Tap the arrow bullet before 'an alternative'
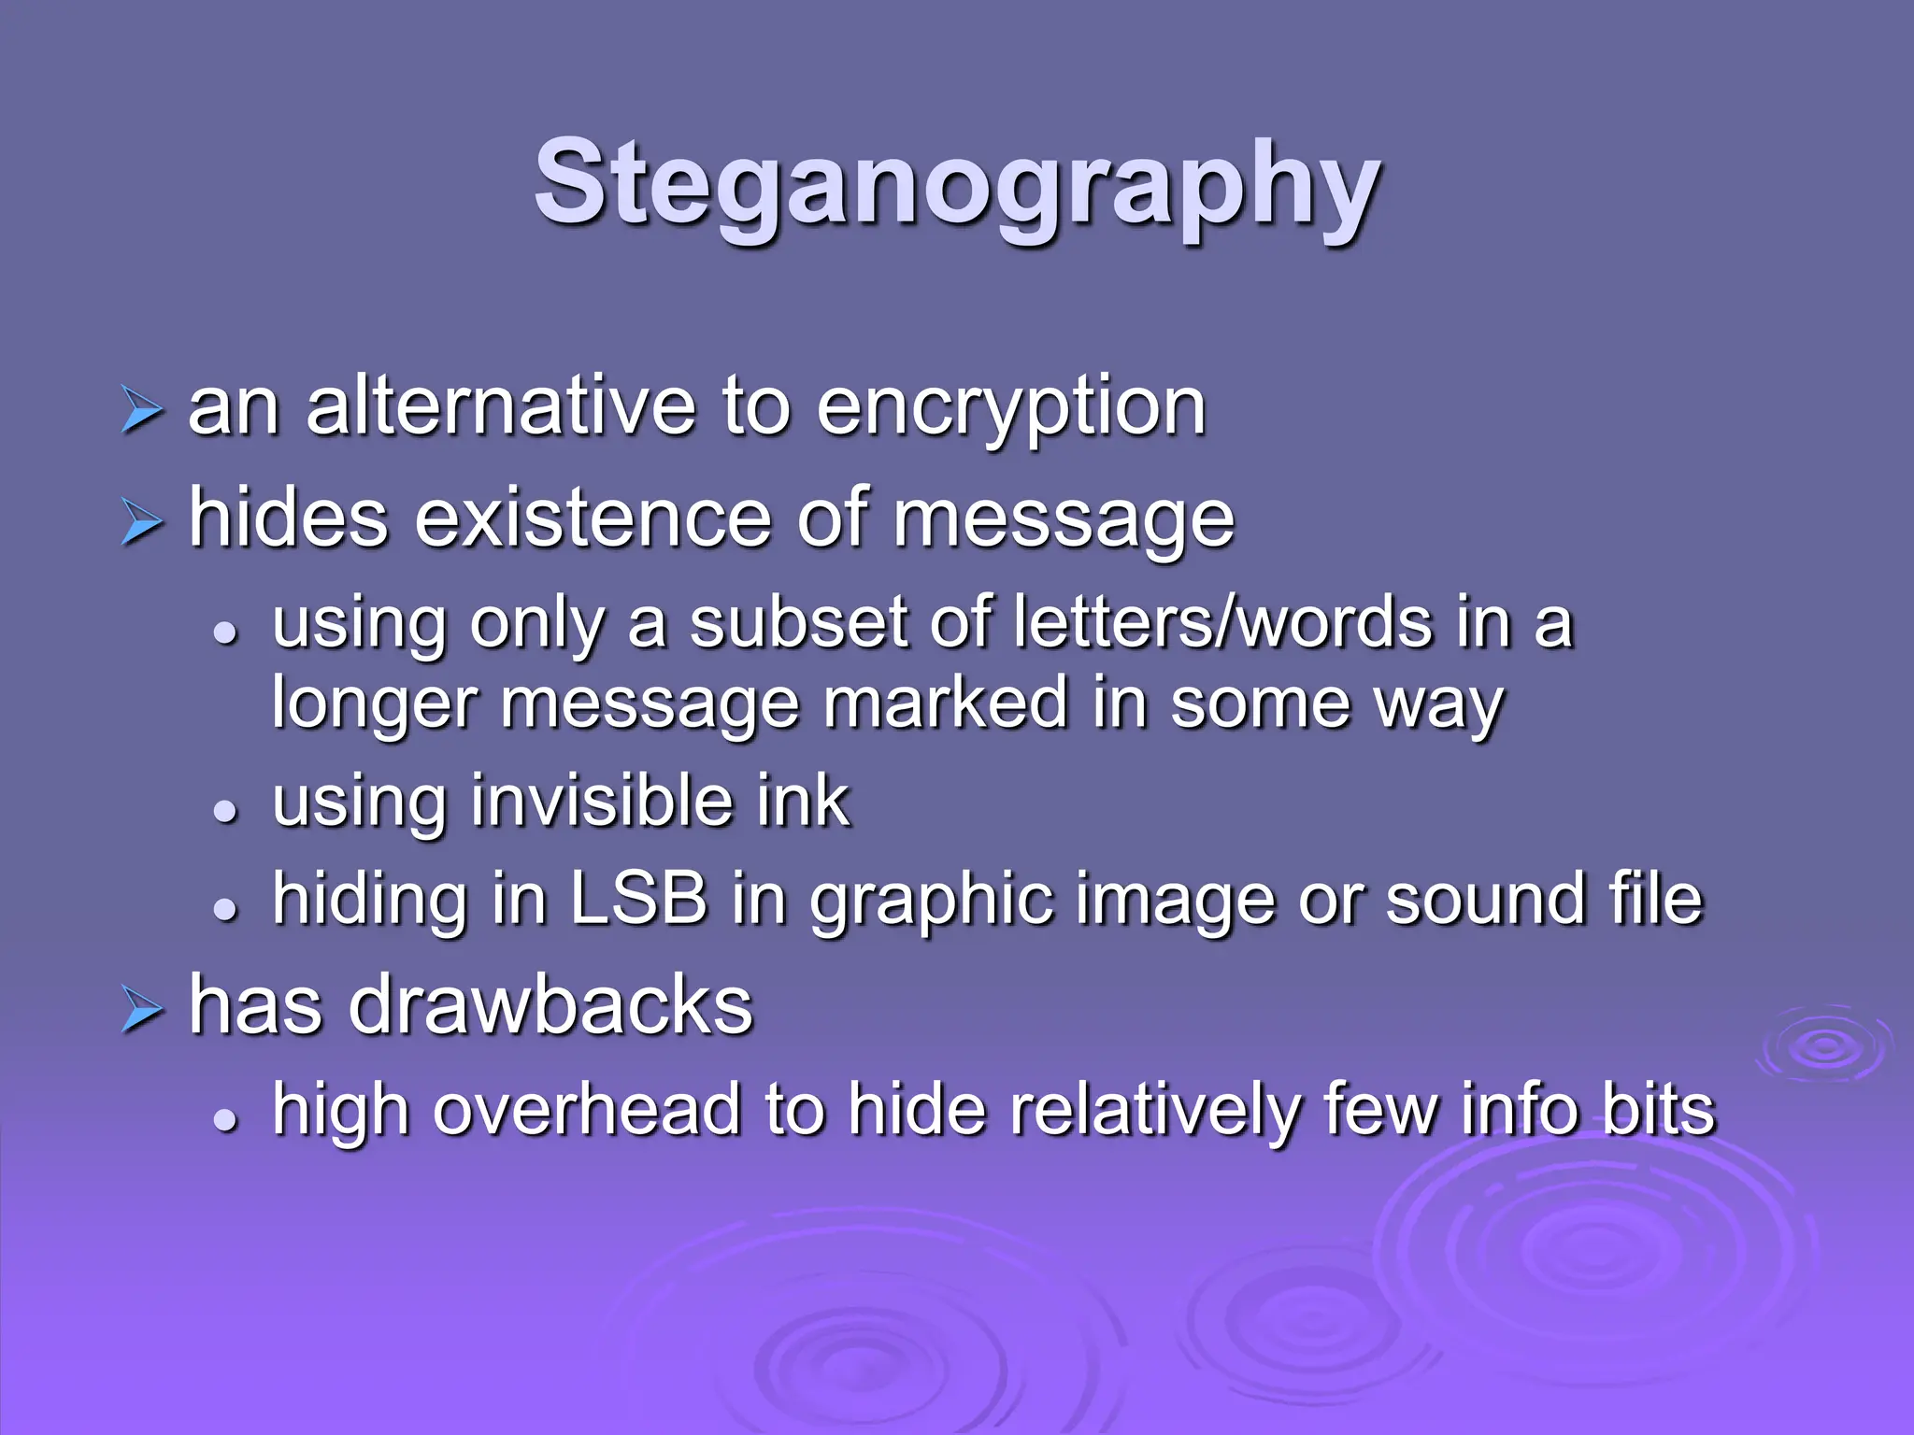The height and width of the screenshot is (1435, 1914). [x=141, y=412]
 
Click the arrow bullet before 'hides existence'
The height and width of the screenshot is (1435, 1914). [x=141, y=523]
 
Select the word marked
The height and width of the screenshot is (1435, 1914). [x=946, y=703]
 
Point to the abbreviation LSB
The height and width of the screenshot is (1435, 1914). [x=638, y=899]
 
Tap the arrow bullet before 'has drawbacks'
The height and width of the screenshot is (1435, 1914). [x=141, y=1012]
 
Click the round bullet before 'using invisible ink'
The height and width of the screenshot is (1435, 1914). [x=224, y=810]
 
